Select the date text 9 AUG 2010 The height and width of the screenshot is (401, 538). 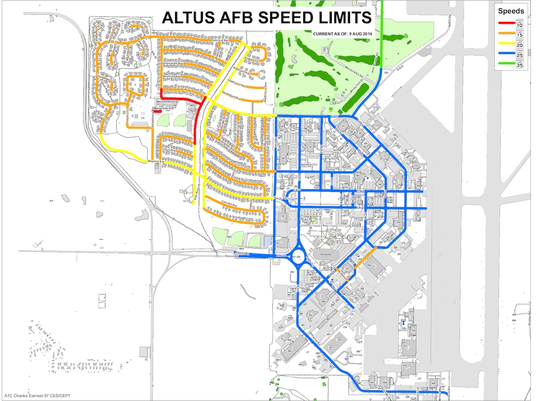tap(360, 34)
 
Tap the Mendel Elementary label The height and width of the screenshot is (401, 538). tap(169, 103)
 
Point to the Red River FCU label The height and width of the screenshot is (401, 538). tap(309, 165)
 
